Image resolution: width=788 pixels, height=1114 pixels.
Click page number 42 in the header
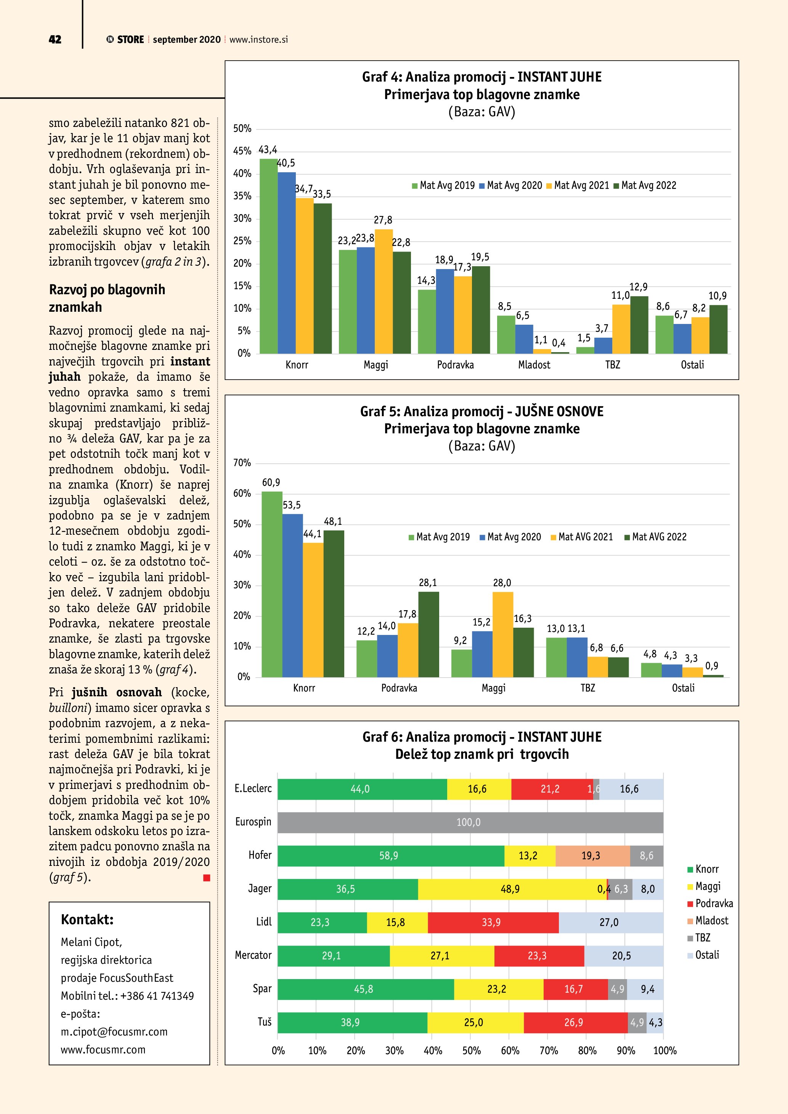55,40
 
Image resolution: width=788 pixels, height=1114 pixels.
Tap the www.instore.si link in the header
258,40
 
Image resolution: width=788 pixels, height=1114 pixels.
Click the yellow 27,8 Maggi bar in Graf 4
384,291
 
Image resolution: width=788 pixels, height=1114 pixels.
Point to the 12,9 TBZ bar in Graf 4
639,325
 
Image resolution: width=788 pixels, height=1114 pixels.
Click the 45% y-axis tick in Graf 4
242,151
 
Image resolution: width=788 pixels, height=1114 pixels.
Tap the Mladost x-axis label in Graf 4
534,365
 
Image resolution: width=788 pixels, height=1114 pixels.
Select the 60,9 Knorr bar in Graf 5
272,584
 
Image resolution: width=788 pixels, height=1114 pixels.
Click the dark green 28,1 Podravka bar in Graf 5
429,634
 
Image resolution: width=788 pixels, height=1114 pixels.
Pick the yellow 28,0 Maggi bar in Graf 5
503,634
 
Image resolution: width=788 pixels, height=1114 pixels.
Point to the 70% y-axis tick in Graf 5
242,463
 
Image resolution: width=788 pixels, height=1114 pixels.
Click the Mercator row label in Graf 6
253,955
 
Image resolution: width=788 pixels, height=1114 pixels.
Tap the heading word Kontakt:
87,919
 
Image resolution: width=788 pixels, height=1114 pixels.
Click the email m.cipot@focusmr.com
114,1032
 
